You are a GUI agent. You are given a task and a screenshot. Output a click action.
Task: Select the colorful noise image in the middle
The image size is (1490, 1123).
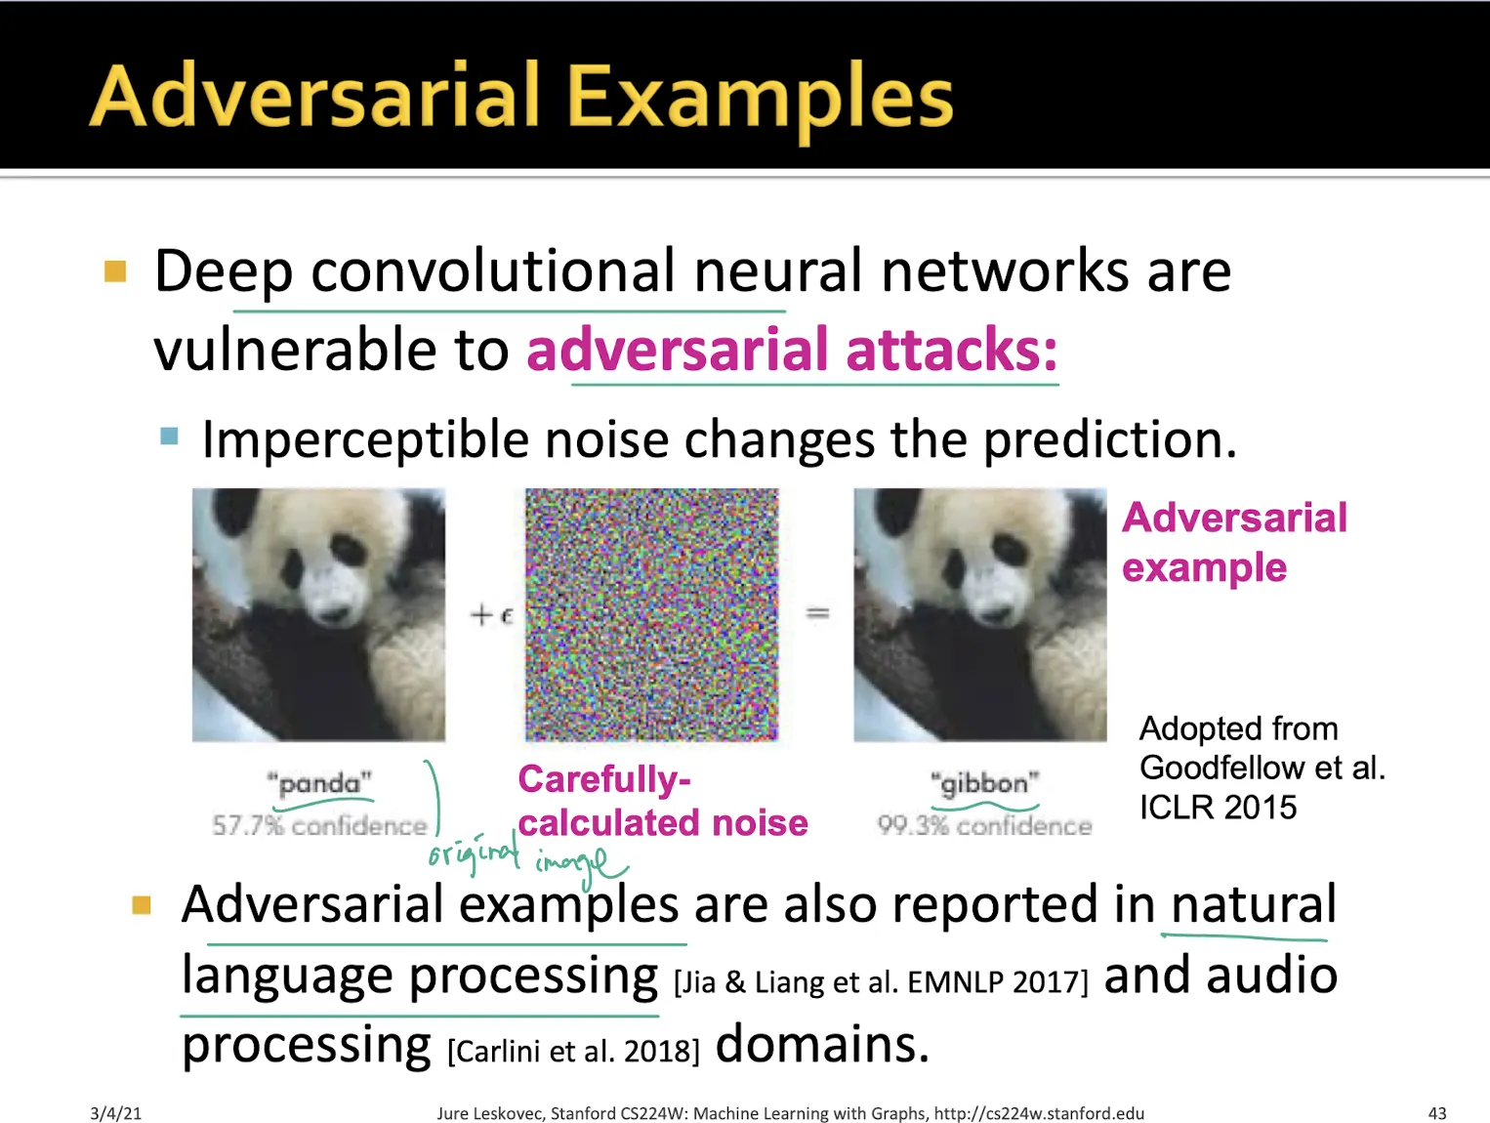(651, 614)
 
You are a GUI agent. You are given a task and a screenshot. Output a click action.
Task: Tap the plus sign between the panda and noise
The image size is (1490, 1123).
(481, 615)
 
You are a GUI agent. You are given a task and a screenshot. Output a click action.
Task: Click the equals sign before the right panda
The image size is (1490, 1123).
(817, 614)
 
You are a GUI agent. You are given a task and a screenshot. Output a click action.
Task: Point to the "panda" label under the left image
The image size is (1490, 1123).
(319, 783)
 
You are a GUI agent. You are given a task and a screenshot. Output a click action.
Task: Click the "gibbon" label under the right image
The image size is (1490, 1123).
(984, 784)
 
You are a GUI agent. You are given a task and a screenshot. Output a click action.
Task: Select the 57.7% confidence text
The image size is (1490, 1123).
(319, 825)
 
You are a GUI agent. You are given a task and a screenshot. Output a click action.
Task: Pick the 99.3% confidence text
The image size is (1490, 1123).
(984, 825)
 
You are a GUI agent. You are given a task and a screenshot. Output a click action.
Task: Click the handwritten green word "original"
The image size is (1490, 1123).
(474, 853)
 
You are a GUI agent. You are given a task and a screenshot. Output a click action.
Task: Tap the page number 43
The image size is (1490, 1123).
(1437, 1113)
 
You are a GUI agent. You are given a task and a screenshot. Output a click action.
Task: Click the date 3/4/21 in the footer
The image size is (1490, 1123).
(115, 1113)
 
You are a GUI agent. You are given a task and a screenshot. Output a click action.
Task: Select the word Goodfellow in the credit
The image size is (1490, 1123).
(1221, 768)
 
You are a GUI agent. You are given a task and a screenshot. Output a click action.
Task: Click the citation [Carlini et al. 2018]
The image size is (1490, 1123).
(573, 1051)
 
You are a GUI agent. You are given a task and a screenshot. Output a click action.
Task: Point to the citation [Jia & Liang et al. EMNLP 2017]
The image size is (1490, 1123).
(881, 981)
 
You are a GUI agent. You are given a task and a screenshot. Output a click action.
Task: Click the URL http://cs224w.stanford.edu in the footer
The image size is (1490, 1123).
(1039, 1113)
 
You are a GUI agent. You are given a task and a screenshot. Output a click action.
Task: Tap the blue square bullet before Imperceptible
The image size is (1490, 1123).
(169, 436)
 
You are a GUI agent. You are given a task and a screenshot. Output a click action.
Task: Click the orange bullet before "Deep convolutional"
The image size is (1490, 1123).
(115, 270)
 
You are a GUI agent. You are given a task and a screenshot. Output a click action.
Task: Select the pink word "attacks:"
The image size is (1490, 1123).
(952, 349)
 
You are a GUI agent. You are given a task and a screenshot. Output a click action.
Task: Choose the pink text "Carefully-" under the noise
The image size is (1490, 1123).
(604, 779)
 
